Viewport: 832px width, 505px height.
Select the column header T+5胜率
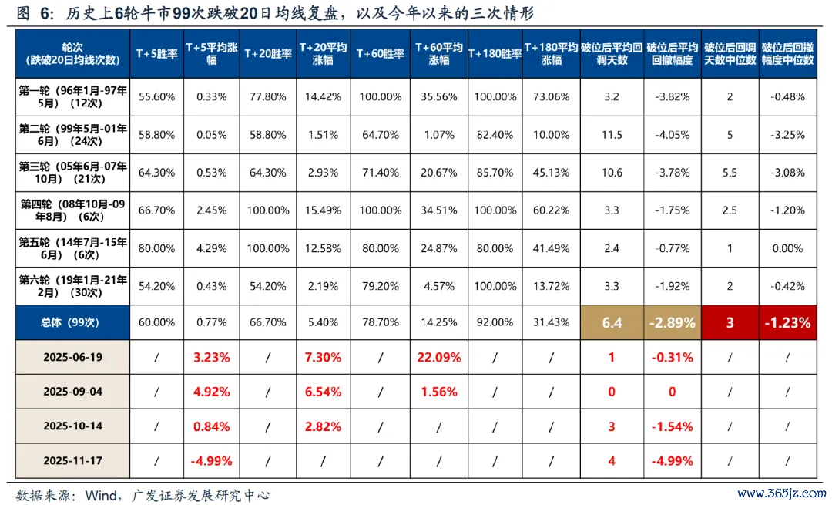156,53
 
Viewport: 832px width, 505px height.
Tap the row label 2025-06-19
72,357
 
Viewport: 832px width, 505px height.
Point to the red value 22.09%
438,357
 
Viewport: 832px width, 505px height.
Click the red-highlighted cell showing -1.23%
787,323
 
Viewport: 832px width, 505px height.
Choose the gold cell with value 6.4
612,323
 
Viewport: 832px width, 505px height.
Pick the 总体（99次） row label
72,323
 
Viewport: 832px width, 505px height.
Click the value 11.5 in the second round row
612,135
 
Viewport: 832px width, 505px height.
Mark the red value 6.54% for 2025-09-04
323,392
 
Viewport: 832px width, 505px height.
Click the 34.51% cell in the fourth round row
438,210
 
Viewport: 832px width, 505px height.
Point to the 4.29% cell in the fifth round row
211,248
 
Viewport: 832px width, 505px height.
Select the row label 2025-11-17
72,461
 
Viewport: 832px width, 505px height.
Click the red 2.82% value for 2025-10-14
323,426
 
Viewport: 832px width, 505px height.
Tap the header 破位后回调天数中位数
730,53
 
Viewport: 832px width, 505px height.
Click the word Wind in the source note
98,494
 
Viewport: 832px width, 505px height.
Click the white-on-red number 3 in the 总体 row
730,323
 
